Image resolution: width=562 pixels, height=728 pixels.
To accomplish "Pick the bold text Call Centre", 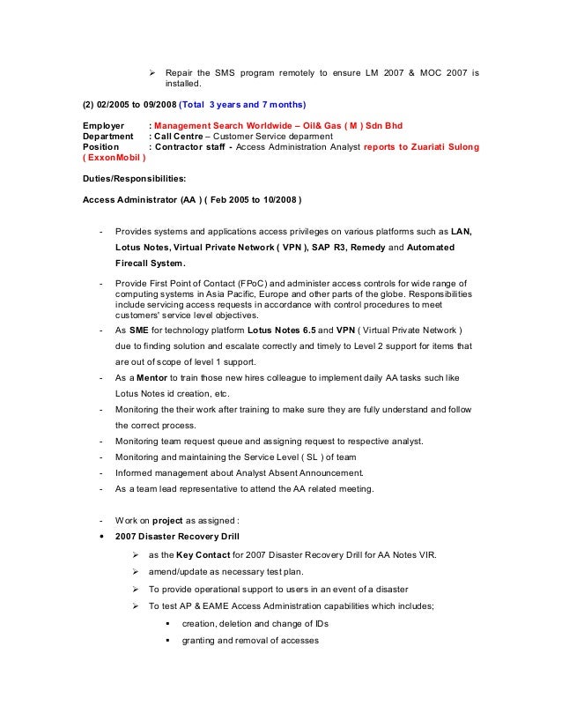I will coord(177,137).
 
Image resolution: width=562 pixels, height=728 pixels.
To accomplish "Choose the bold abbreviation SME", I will coord(138,330).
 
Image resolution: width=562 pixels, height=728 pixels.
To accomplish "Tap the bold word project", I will coord(167,520).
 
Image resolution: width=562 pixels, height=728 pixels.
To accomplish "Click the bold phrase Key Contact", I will coord(204,555).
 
